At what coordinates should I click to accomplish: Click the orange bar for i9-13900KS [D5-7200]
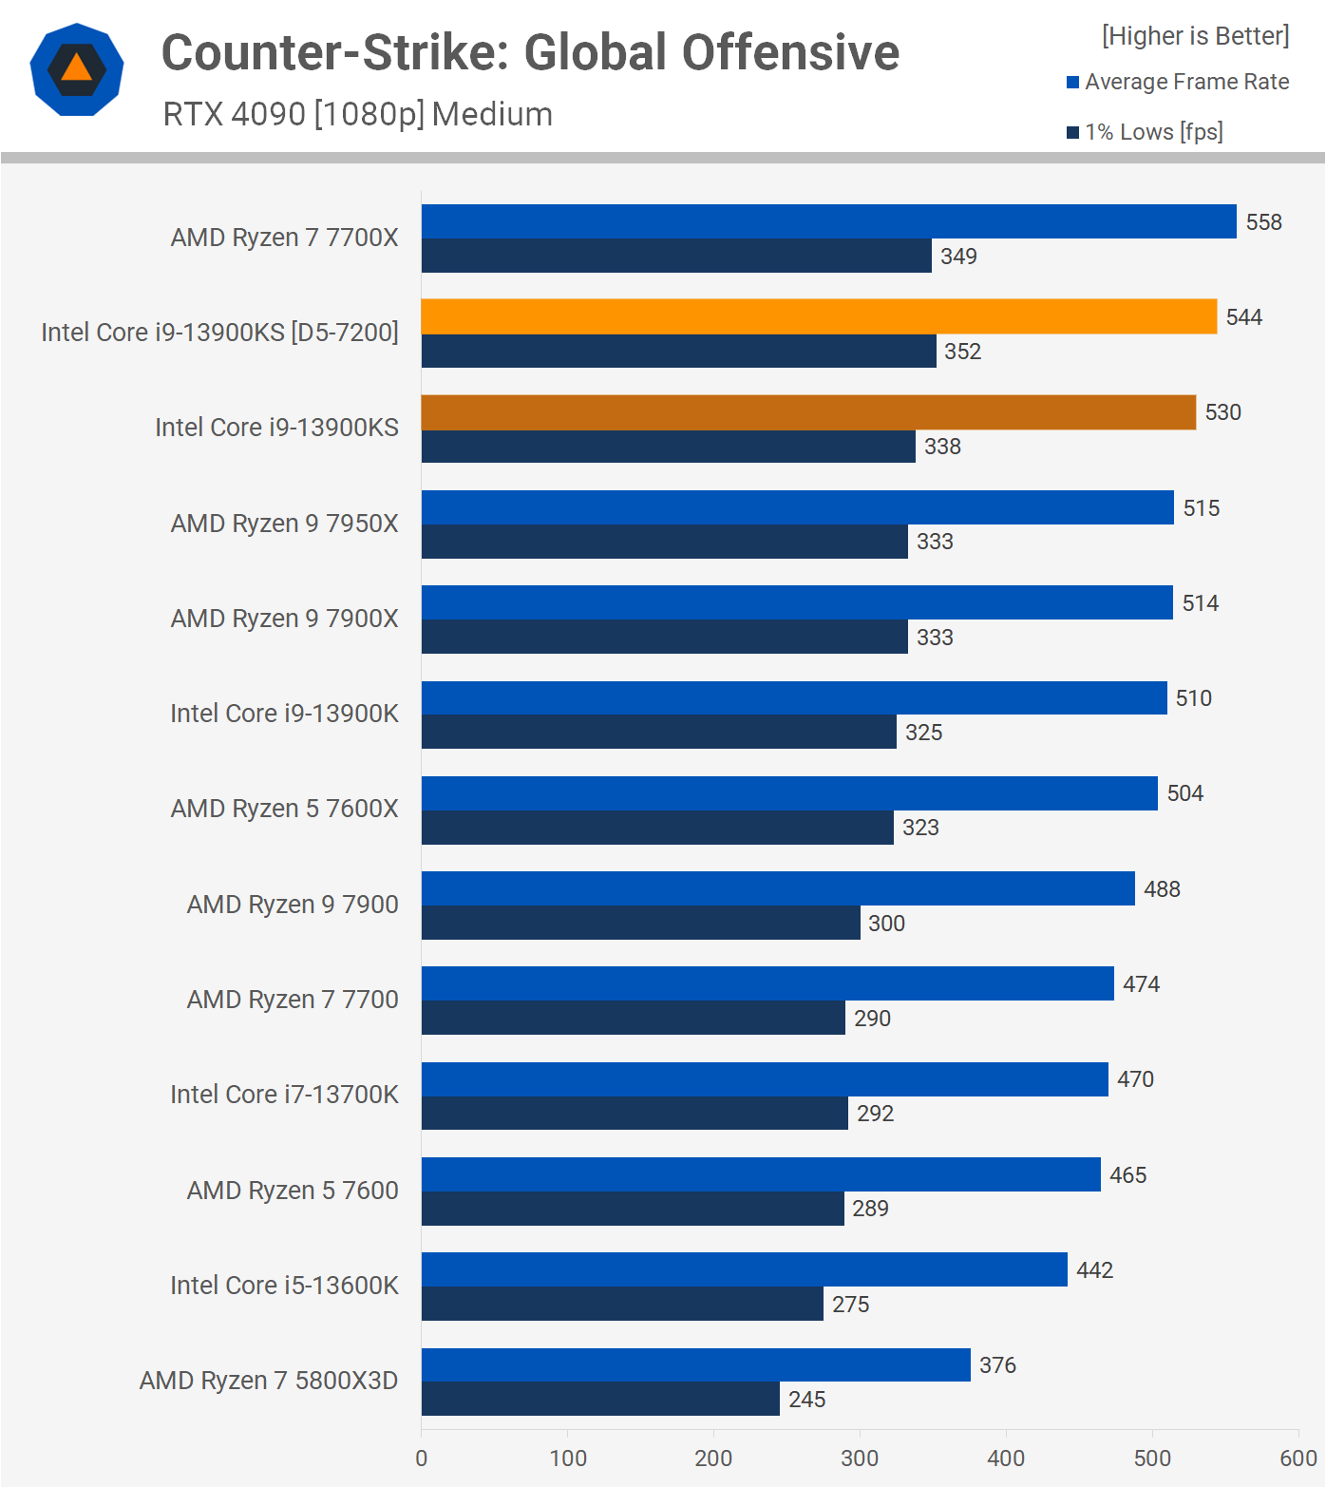pyautogui.click(x=819, y=316)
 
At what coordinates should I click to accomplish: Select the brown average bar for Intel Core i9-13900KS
pyautogui.click(x=808, y=412)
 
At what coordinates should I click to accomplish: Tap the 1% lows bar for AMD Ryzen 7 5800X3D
pyautogui.click(x=600, y=1399)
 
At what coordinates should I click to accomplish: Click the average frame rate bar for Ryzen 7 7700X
pyautogui.click(x=828, y=221)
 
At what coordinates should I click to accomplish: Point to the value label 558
pyautogui.click(x=1263, y=222)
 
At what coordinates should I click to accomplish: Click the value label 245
pyautogui.click(x=806, y=1400)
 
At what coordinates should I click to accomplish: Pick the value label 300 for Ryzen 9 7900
pyautogui.click(x=886, y=924)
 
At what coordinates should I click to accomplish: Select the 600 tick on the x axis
pyautogui.click(x=1298, y=1458)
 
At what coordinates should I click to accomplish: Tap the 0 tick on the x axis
pyautogui.click(x=422, y=1458)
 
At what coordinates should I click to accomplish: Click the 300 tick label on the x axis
pyautogui.click(x=860, y=1458)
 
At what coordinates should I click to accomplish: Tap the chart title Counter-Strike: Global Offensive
pyautogui.click(x=530, y=52)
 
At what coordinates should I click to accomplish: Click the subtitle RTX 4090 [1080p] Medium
pyautogui.click(x=357, y=114)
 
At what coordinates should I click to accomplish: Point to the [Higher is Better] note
pyautogui.click(x=1195, y=36)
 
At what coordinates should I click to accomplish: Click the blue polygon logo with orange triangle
pyautogui.click(x=77, y=69)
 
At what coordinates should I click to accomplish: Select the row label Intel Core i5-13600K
pyautogui.click(x=284, y=1286)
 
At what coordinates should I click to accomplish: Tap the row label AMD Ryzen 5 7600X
pyautogui.click(x=284, y=809)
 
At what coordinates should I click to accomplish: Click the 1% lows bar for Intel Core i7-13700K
pyautogui.click(x=635, y=1113)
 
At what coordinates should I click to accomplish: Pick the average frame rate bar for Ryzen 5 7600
pyautogui.click(x=761, y=1174)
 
